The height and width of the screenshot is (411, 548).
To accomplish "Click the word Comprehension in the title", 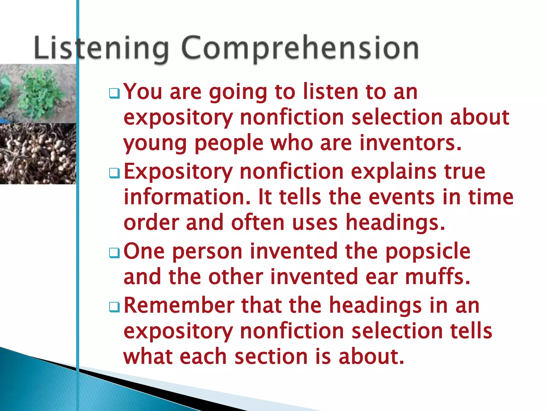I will (x=300, y=48).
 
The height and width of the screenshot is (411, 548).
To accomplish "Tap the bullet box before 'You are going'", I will (x=115, y=93).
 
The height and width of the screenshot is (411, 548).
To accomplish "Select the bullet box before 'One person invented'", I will (x=115, y=253).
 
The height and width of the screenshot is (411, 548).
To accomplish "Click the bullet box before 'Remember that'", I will (x=115, y=307).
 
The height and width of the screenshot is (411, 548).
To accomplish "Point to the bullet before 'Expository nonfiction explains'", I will (x=115, y=173).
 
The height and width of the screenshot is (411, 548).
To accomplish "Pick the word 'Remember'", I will (x=179, y=305).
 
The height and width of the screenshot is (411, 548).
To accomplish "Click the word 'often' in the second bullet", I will (x=258, y=222).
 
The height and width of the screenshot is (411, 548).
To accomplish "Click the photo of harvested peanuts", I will (x=38, y=154).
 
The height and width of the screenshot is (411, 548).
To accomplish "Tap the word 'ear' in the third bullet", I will (x=381, y=277).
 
